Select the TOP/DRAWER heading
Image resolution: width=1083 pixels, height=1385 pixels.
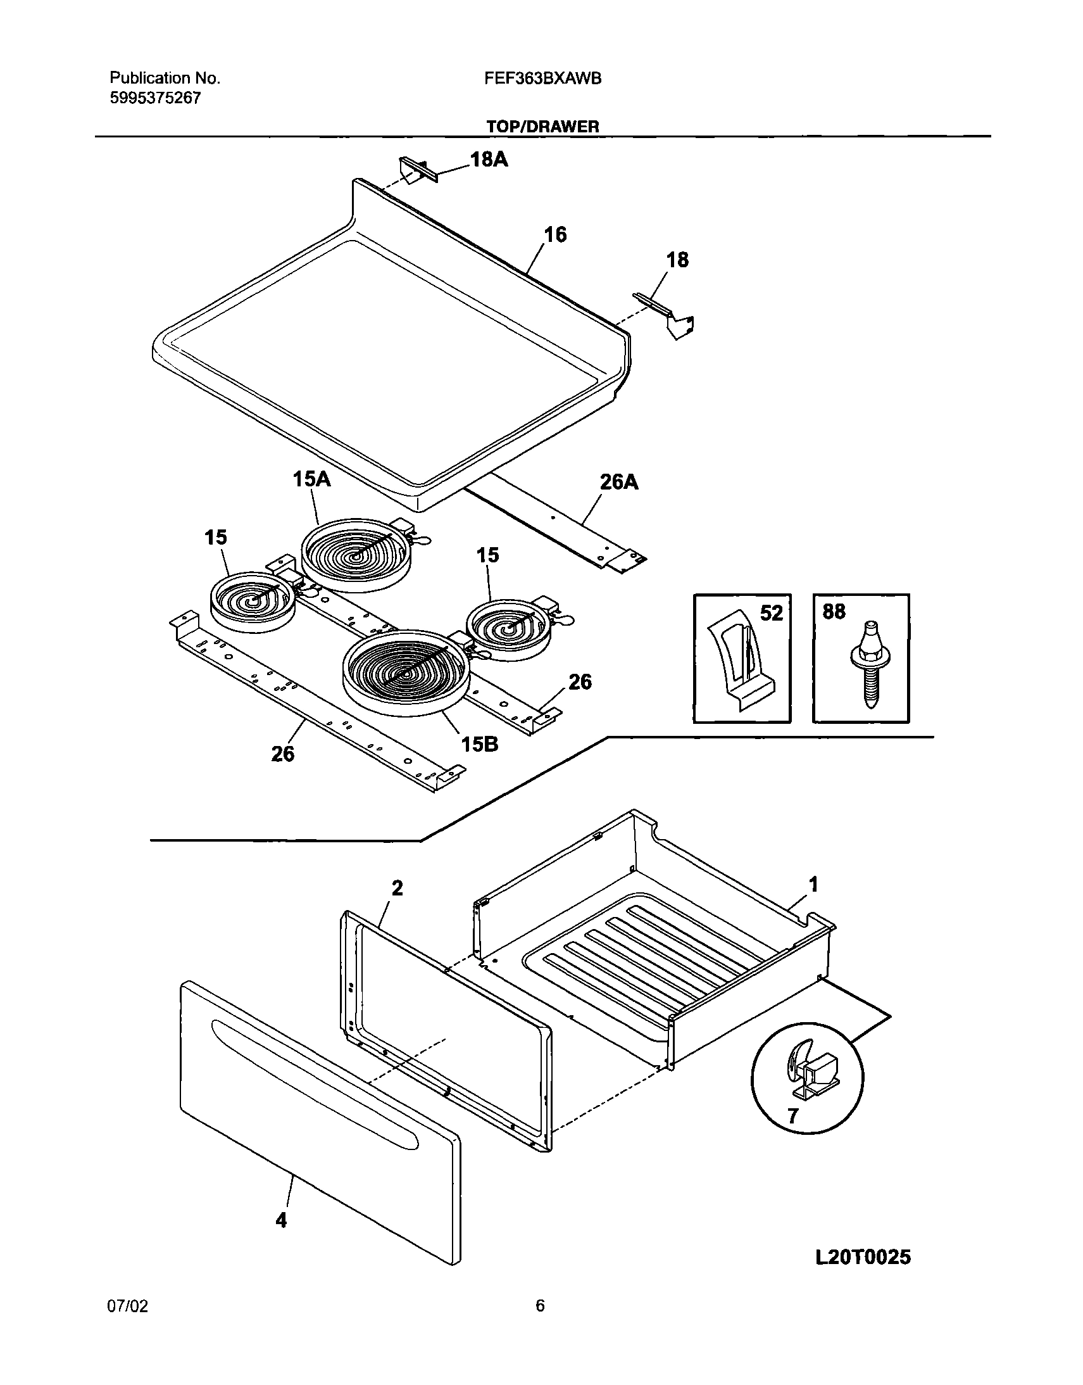pyautogui.click(x=542, y=127)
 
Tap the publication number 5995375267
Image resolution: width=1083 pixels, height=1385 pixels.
pyautogui.click(x=155, y=98)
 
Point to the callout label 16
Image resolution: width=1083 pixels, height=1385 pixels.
pyautogui.click(x=555, y=235)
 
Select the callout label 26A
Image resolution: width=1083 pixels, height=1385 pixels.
pyautogui.click(x=619, y=483)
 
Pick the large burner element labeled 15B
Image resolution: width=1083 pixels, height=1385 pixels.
pyautogui.click(x=406, y=672)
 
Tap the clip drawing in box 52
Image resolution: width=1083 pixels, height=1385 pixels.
pyautogui.click(x=739, y=660)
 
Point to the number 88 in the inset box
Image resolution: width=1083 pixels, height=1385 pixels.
pyautogui.click(x=834, y=612)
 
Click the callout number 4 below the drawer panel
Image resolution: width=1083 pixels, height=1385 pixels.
pyautogui.click(x=281, y=1220)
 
